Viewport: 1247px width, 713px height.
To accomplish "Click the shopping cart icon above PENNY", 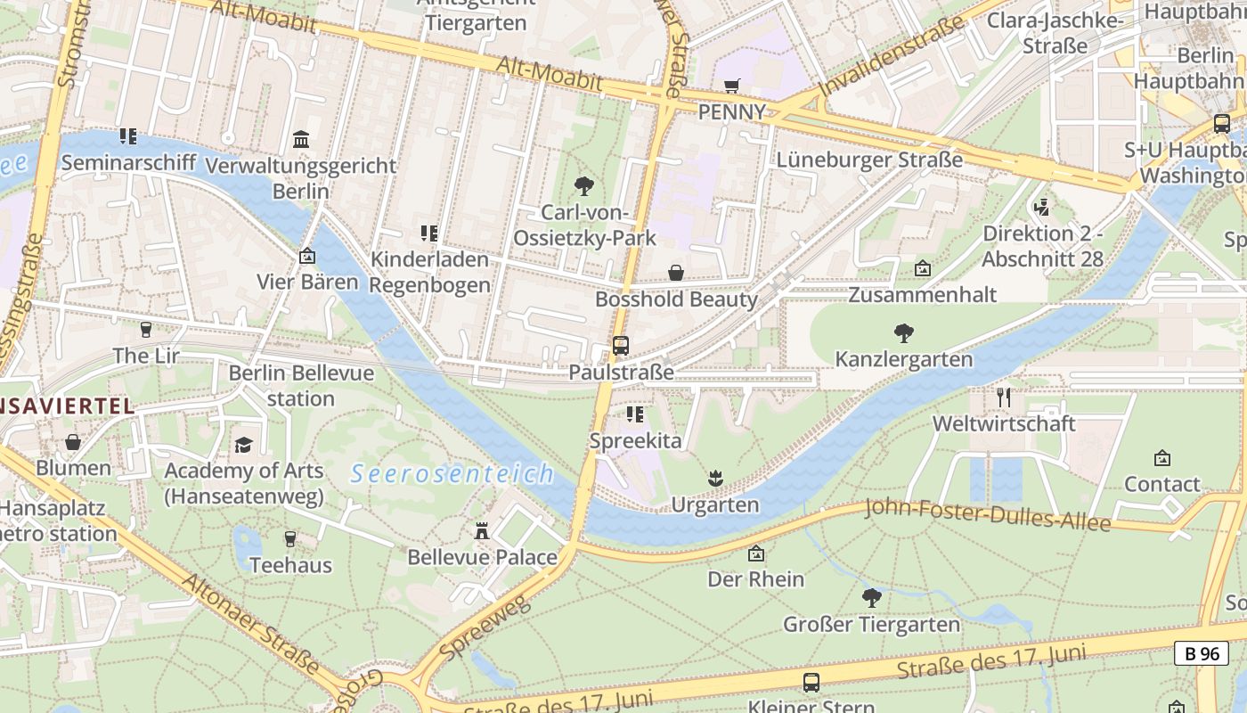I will point(731,86).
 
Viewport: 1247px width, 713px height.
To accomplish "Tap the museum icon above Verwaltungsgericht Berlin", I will point(301,140).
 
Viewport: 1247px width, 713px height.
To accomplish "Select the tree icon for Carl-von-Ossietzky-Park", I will point(584,186).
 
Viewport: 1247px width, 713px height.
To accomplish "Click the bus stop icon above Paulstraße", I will point(621,346).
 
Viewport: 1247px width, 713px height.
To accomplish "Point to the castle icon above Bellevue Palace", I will point(482,531).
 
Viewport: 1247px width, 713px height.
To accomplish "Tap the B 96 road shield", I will point(1201,653).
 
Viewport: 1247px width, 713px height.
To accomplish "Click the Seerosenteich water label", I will point(452,474).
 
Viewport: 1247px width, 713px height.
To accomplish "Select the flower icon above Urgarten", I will point(714,479).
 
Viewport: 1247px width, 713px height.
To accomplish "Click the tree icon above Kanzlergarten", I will point(904,333).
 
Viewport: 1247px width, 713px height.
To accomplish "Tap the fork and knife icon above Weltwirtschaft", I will point(1004,397).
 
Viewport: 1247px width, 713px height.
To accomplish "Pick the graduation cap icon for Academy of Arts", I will point(243,445).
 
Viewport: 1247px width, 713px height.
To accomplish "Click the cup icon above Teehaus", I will point(289,539).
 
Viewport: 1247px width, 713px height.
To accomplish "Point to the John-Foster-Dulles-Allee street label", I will point(988,515).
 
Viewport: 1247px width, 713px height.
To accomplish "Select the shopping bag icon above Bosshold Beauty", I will point(676,273).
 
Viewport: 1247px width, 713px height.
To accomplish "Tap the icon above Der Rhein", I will point(755,553).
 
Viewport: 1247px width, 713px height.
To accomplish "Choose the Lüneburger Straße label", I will point(869,160).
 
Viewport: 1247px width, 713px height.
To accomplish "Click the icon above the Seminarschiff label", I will point(128,137).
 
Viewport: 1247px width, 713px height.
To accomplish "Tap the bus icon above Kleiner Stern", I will point(811,683).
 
